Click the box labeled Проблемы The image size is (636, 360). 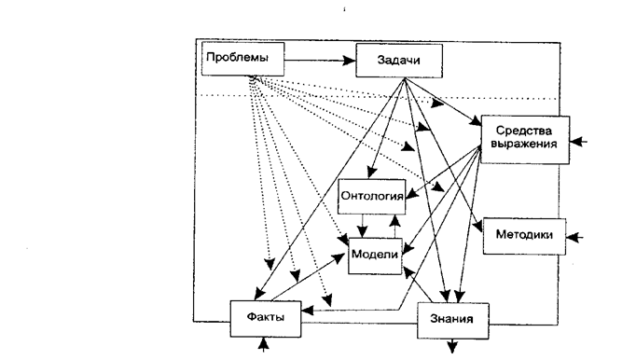243,59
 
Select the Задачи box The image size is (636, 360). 399,61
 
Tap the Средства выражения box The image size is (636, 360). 525,140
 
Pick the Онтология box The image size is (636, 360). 371,197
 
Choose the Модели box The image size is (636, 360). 375,256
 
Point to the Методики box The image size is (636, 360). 524,236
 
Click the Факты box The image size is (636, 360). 266,319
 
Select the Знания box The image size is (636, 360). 452,320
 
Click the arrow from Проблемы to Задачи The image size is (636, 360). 320,61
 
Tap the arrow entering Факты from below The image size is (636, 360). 264,344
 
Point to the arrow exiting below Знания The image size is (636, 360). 452,346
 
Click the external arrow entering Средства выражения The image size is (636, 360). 578,142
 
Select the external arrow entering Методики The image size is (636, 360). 574,238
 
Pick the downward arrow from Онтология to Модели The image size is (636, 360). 362,226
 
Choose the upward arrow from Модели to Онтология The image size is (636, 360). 394,227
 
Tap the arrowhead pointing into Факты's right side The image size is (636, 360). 308,311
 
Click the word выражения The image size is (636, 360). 524,145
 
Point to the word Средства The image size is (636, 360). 524,131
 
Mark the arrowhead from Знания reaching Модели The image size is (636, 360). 408,272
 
